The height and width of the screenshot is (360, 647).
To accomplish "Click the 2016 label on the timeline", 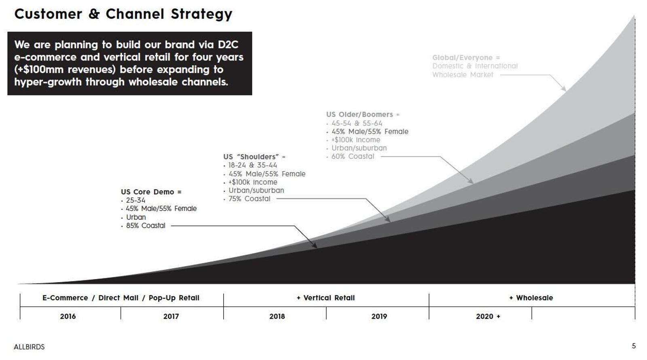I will [x=68, y=316].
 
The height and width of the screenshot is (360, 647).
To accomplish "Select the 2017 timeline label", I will [x=171, y=316].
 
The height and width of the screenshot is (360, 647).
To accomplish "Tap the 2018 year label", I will [x=277, y=316].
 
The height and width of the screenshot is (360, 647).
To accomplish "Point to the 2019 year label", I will [x=379, y=316].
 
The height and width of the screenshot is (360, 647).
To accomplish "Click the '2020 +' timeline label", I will [x=488, y=316].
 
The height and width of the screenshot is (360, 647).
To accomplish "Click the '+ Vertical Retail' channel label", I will [x=326, y=298].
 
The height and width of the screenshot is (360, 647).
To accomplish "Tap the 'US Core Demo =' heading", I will [x=151, y=192].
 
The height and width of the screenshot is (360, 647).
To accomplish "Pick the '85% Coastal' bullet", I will [x=145, y=226].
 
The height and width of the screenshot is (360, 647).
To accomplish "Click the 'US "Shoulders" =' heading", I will [x=254, y=157].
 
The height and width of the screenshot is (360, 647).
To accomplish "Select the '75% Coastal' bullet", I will [x=249, y=199].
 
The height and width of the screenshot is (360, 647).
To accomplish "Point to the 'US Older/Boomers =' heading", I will [x=362, y=114].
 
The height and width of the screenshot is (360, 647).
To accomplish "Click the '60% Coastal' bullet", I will [x=353, y=157].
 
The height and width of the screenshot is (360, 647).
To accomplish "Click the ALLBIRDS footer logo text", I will [x=29, y=347].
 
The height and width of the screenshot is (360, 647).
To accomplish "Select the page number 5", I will [x=634, y=346].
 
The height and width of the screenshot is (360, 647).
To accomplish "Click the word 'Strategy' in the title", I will [x=201, y=14].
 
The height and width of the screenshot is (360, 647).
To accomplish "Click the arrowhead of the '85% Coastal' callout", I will [x=315, y=245].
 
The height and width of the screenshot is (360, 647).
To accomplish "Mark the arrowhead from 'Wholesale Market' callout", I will [x=564, y=89].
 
